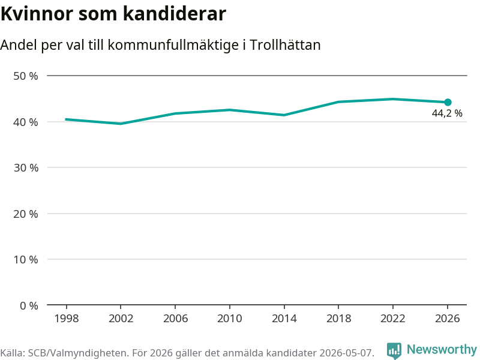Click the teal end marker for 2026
coord(448,102)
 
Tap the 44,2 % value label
coord(447,113)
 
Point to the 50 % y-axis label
coord(26,76)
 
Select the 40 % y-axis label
coord(26,122)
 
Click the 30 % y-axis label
coord(26,168)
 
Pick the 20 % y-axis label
coord(26,214)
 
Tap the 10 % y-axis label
coord(26,260)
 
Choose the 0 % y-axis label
coord(29,305)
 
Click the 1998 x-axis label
coord(67,319)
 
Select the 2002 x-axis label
coord(121,319)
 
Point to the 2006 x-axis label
coord(175,319)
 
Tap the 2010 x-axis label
coord(230,319)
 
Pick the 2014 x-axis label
coord(284,319)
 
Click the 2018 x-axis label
coord(338,319)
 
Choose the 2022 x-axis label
coord(393,319)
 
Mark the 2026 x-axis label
coord(447,319)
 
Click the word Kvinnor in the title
coord(37,14)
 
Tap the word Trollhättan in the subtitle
coord(285,45)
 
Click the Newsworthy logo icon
coord(394,350)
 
